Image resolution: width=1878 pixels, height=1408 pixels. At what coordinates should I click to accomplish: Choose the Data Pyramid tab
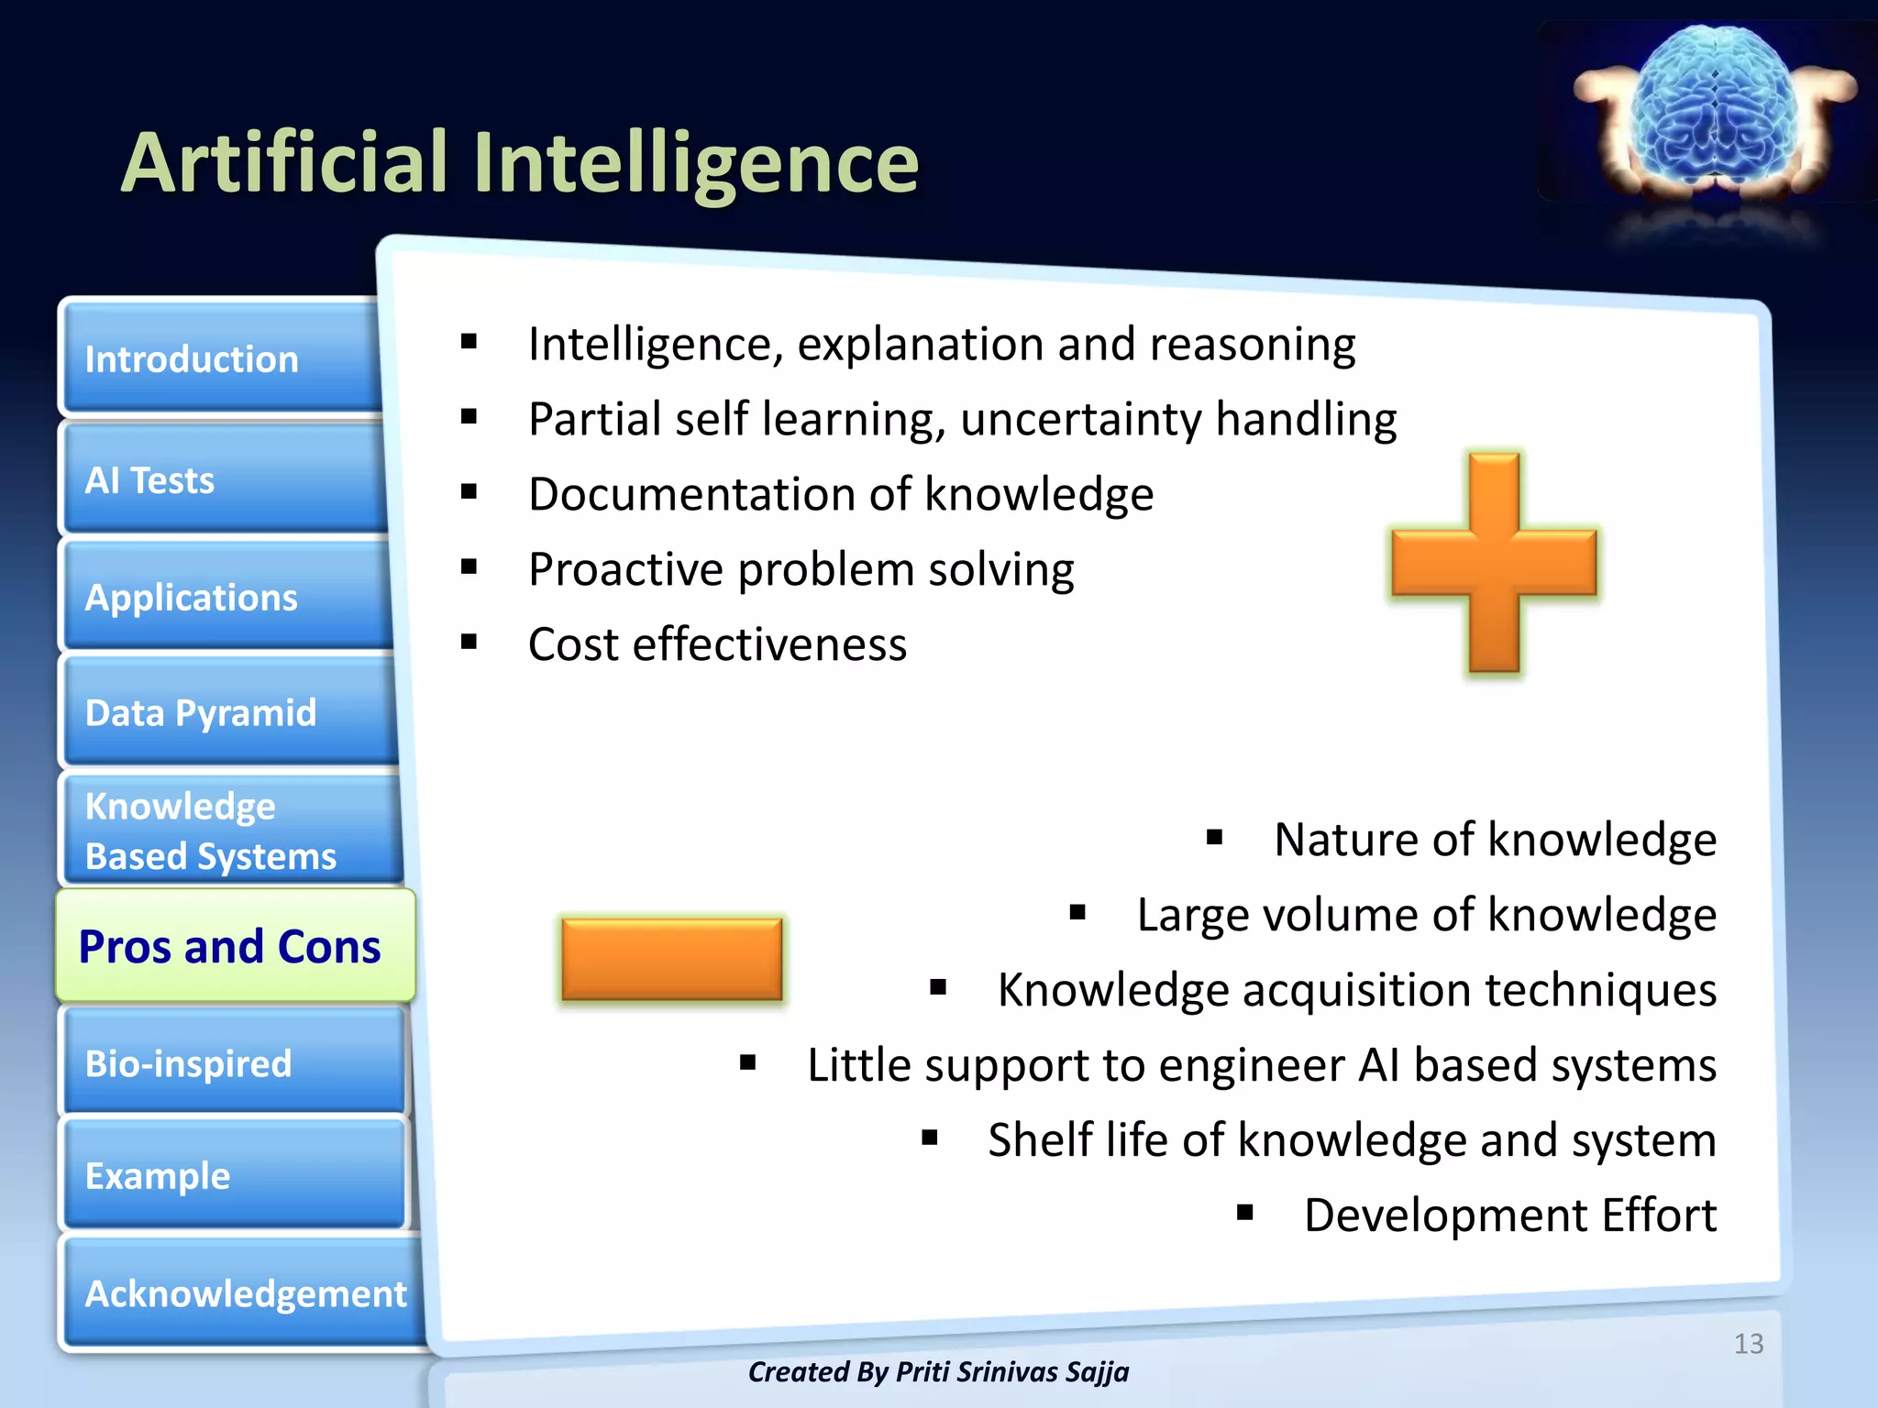click(x=229, y=712)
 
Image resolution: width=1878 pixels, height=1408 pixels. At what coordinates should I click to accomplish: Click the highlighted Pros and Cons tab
click(x=234, y=946)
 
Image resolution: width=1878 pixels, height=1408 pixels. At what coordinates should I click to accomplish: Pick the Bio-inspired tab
click(x=234, y=1062)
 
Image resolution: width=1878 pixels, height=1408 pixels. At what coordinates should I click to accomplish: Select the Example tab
click(x=234, y=1175)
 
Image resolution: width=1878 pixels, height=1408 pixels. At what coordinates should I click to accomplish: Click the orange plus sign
click(x=1494, y=563)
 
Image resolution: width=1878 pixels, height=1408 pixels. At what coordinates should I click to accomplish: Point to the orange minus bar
click(x=672, y=959)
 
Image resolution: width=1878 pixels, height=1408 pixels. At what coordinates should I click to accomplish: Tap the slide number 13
click(x=1749, y=1344)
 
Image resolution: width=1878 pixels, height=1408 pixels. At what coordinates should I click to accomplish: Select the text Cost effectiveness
click(x=717, y=644)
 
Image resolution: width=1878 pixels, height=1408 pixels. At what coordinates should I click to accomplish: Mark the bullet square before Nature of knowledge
click(x=1215, y=837)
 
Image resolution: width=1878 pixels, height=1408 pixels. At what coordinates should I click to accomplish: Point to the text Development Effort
click(x=1509, y=1215)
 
